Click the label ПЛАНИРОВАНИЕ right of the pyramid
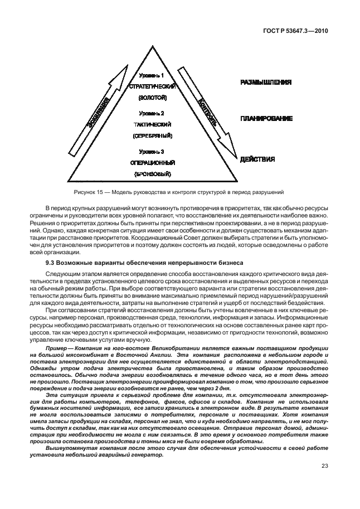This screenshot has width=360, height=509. pos(266,119)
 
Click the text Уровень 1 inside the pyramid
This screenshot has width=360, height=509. pos(151,75)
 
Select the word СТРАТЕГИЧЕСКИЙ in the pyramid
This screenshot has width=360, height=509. pos(152,86)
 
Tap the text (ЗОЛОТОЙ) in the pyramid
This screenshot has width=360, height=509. pos(152,98)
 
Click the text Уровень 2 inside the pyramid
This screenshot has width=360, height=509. pos(152,113)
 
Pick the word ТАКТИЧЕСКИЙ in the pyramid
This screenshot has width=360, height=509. pos(152,124)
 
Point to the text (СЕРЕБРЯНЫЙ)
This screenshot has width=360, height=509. pos(152,136)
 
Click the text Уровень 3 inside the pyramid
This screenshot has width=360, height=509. pos(152,151)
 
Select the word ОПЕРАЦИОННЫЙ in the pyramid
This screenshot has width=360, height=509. pos(152,163)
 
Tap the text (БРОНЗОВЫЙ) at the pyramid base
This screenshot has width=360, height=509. pos(152,174)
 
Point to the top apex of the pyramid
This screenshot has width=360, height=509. pos(151,45)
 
